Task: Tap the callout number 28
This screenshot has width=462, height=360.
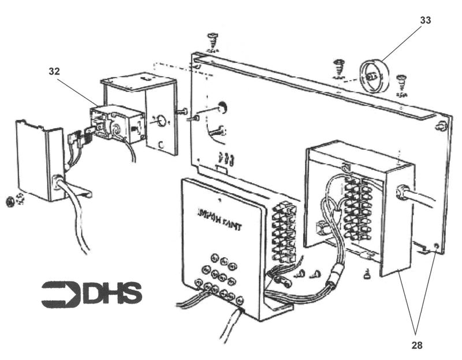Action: [x=416, y=346]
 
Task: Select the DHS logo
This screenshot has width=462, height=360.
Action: [x=91, y=294]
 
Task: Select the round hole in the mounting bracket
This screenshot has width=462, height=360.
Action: [x=159, y=122]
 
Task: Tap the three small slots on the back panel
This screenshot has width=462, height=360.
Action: [x=226, y=158]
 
